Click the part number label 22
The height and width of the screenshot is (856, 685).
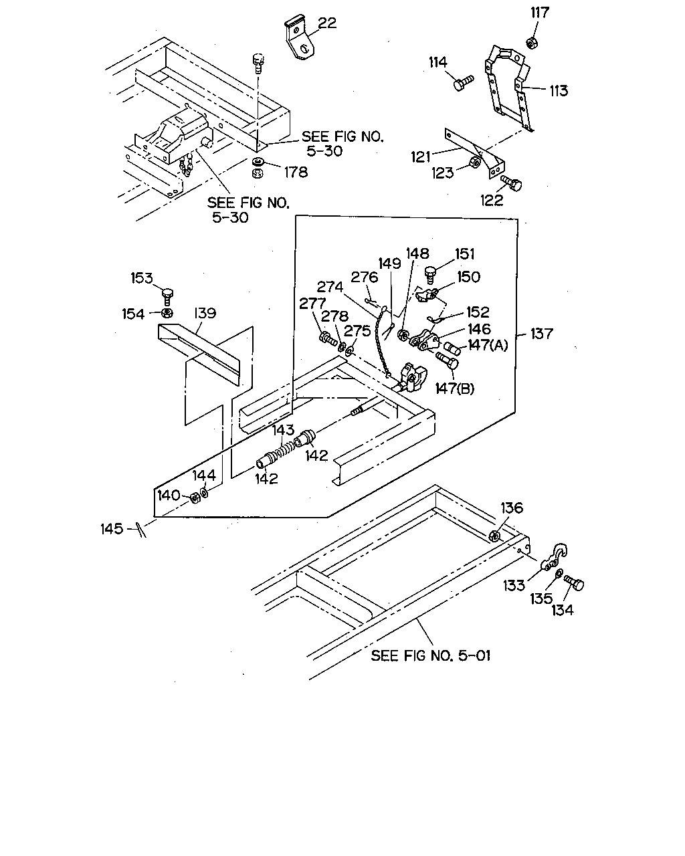point(326,23)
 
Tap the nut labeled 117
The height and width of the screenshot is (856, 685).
point(532,42)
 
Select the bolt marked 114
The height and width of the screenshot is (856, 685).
point(462,83)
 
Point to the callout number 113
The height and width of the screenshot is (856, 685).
point(559,91)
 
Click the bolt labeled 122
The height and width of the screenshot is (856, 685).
point(510,183)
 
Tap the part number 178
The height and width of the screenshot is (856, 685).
point(296,173)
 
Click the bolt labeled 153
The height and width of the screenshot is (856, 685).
point(167,297)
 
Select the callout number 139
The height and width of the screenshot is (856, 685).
point(205,313)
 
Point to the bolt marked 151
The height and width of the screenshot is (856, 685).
point(431,274)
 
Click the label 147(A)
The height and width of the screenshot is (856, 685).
point(488,345)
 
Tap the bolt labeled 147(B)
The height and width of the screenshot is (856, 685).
point(448,360)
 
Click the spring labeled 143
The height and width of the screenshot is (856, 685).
point(285,449)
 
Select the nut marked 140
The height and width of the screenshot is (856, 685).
point(195,498)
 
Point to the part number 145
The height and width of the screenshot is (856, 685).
point(112,528)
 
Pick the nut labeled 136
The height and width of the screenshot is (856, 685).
point(494,536)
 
